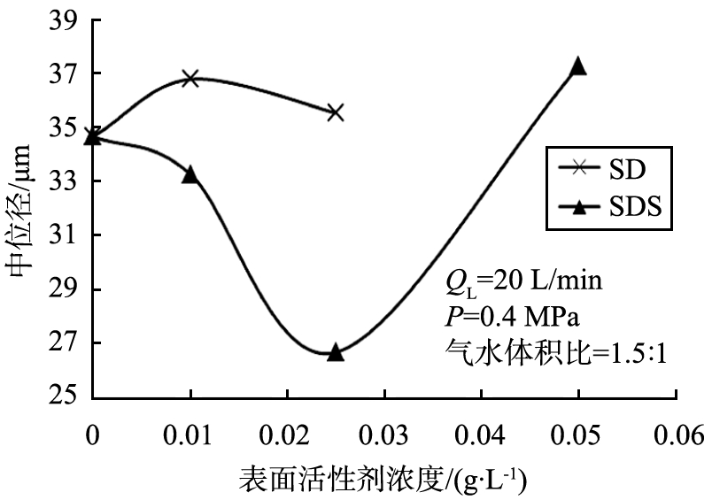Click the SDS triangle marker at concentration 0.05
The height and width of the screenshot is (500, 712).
click(x=578, y=66)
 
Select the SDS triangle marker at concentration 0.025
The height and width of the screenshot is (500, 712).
click(x=335, y=352)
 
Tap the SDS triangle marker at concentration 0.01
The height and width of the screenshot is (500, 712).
click(x=190, y=174)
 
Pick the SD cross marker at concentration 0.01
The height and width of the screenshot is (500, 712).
click(x=190, y=79)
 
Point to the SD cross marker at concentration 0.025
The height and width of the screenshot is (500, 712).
click(x=335, y=112)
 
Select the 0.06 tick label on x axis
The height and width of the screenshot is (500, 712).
click(x=676, y=436)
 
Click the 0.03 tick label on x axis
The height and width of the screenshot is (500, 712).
click(x=383, y=436)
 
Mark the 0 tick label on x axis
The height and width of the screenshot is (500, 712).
click(x=92, y=436)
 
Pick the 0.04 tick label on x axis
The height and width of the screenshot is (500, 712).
click(x=481, y=436)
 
